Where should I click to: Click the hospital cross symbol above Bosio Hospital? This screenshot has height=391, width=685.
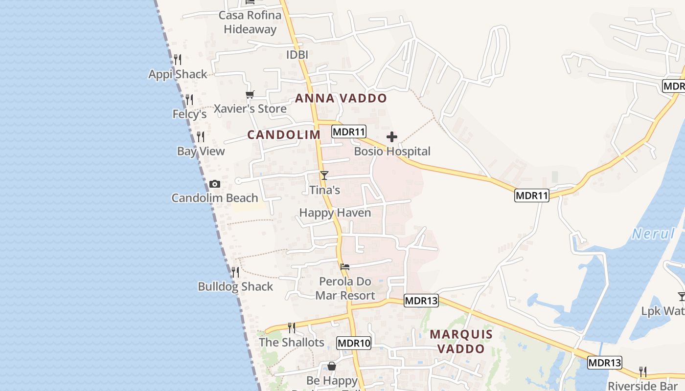click(x=392, y=137)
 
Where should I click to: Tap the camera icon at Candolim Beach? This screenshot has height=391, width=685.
click(x=214, y=184)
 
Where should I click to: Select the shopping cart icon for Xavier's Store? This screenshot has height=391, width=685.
click(x=250, y=94)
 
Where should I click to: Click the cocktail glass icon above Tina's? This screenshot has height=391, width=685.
click(x=324, y=175)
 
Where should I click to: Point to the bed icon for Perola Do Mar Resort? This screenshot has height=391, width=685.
click(x=345, y=267)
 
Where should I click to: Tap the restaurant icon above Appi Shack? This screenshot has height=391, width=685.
click(x=178, y=60)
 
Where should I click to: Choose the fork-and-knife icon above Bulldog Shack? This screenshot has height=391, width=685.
click(x=235, y=272)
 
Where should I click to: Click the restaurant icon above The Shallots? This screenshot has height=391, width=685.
click(x=292, y=327)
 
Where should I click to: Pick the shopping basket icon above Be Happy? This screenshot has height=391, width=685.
click(x=332, y=366)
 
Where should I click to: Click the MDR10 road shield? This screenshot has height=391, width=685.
click(x=354, y=343)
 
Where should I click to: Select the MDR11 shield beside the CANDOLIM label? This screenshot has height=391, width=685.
click(x=349, y=131)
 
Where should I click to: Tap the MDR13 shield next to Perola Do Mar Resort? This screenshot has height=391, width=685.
click(x=421, y=301)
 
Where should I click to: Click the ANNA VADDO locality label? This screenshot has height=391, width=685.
click(x=341, y=98)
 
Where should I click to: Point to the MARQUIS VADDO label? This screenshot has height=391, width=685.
click(x=461, y=342)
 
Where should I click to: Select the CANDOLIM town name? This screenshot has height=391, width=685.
click(x=284, y=135)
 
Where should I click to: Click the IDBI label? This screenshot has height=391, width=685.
click(x=297, y=55)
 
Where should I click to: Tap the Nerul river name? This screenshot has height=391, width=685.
click(x=653, y=234)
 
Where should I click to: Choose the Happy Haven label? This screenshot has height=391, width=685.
click(x=335, y=213)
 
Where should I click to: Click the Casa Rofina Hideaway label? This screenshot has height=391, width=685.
click(x=250, y=22)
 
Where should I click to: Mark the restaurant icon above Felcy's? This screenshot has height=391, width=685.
click(x=189, y=100)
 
